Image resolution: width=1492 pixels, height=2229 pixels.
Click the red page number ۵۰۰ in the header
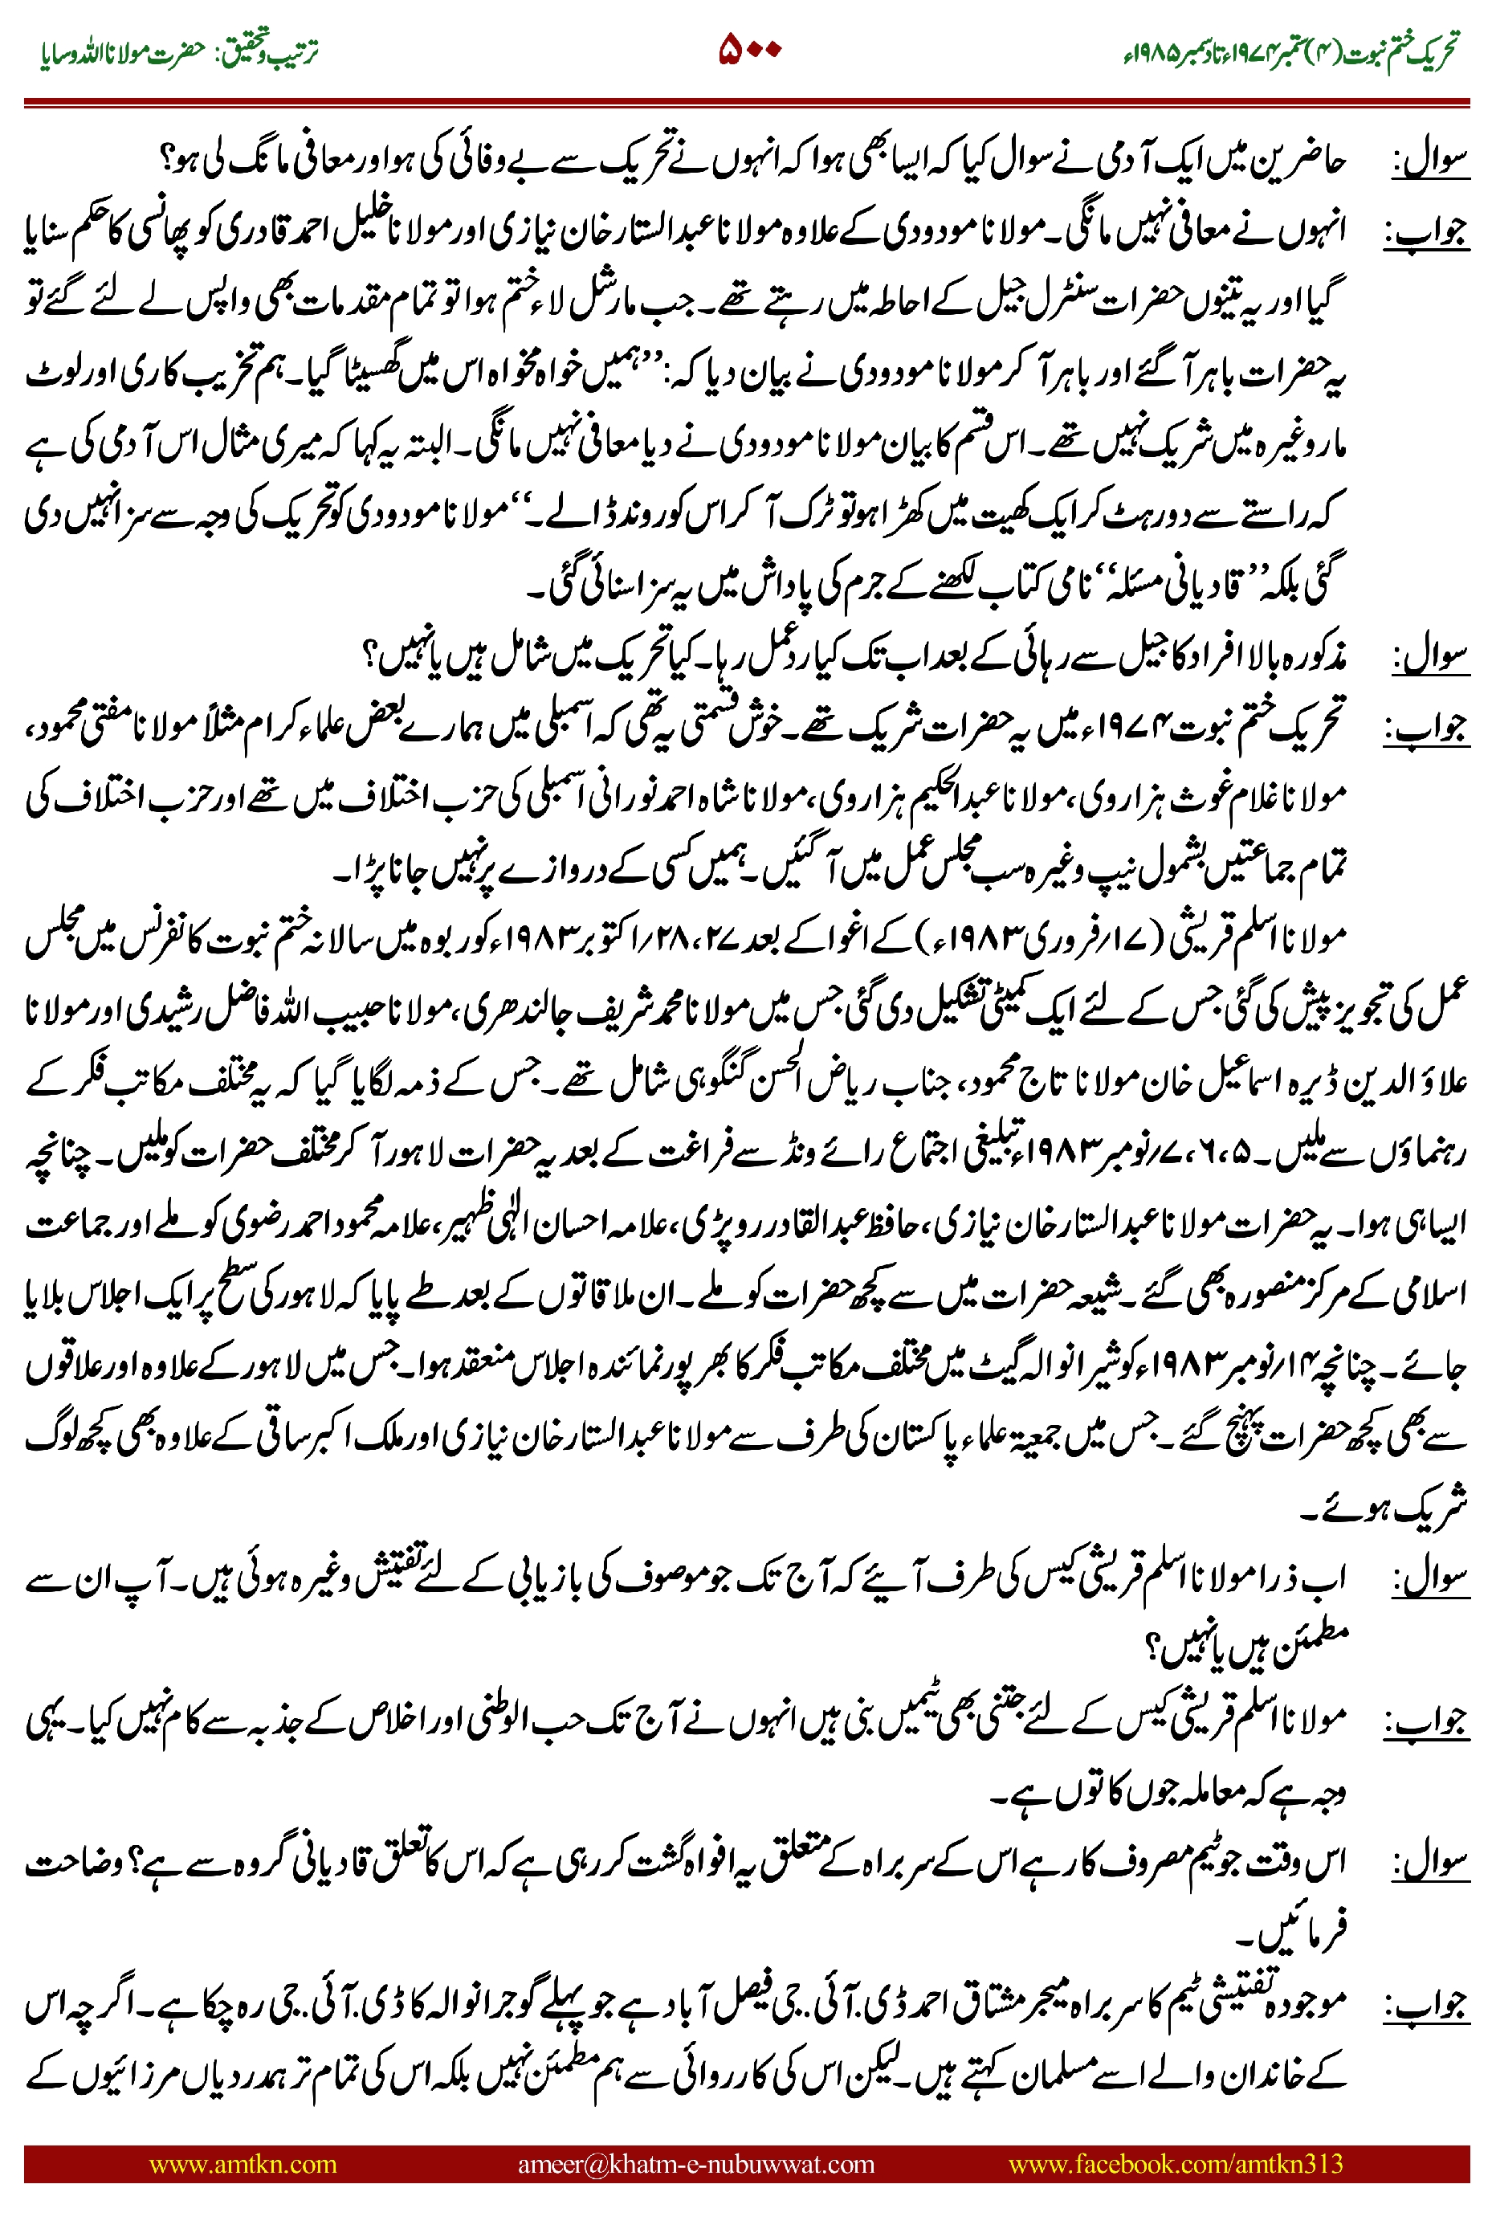pyautogui.click(x=750, y=48)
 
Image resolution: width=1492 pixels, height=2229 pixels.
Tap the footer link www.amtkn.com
pyautogui.click(x=243, y=2164)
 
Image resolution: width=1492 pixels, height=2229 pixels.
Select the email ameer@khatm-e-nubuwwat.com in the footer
pyautogui.click(x=695, y=2164)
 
